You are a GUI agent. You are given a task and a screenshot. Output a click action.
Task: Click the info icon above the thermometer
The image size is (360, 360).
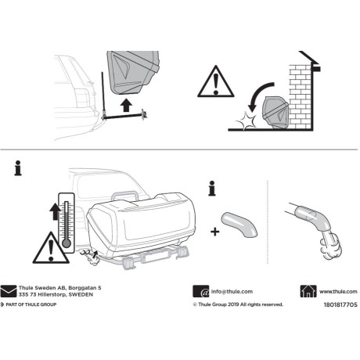tap(17, 167)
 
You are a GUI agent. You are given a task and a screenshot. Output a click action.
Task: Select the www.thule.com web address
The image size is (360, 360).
tap(338, 290)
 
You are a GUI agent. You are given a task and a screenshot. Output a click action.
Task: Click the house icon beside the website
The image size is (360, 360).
tap(308, 290)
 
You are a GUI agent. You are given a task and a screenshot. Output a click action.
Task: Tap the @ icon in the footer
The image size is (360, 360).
tap(199, 290)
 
